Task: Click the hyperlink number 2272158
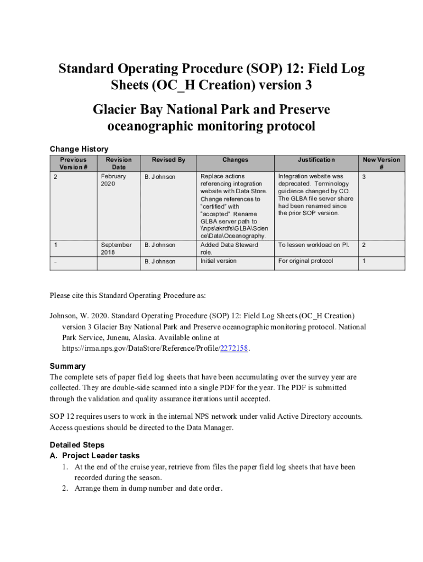235,349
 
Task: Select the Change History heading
79,149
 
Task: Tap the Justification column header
316,160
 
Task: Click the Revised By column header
168,160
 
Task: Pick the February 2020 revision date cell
114,180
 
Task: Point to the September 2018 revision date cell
116,249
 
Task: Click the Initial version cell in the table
218,261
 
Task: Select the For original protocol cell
305,261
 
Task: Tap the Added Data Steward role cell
229,249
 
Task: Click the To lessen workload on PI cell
314,245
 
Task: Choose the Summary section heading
68,366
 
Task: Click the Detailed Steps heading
77,445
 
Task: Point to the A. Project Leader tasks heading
94,456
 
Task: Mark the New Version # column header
381,164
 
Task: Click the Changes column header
235,160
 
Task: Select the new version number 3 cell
364,177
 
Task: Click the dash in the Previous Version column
55,261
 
